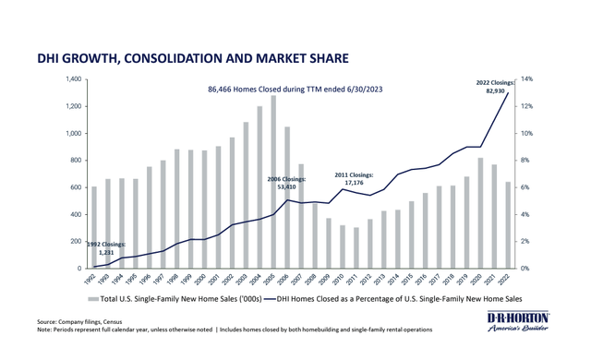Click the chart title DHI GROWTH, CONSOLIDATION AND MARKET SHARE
[x=191, y=58]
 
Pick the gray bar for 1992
[x=93, y=227]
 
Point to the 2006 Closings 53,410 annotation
[x=286, y=181]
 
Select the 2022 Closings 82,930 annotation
[x=488, y=88]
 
